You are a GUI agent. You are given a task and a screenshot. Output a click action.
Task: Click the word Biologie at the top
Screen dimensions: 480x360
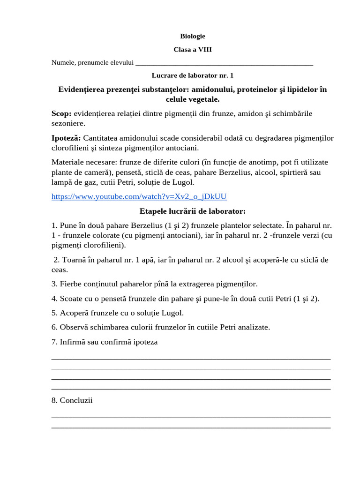coord(193,36)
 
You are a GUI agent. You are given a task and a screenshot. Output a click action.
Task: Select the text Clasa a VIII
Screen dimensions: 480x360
coord(193,49)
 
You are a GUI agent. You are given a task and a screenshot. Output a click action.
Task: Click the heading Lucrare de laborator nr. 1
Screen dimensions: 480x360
coord(193,75)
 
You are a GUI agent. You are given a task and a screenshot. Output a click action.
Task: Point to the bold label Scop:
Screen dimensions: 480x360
coord(61,113)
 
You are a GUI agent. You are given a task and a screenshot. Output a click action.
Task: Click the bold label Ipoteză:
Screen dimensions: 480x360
coord(66,138)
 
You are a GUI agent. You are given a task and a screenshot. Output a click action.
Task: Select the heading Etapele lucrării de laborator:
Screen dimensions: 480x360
coord(193,210)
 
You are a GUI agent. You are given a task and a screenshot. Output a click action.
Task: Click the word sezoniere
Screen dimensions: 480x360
coord(68,123)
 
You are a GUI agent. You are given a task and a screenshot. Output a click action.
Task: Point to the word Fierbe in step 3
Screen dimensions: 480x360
coord(70,284)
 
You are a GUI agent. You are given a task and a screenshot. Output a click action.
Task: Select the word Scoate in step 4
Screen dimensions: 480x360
coord(71,299)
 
